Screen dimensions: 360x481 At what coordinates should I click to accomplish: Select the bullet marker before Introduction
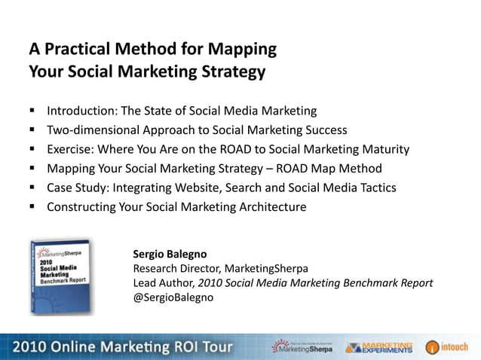point(34,110)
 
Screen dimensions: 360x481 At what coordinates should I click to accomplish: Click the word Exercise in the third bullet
point(72,149)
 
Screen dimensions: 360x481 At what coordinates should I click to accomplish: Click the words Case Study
point(79,188)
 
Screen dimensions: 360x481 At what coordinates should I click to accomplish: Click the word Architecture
point(270,207)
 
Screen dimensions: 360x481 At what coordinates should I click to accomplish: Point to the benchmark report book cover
point(63,276)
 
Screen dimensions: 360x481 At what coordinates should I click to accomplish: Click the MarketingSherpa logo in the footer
point(301,346)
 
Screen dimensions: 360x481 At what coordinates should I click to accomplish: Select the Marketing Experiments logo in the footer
point(379,347)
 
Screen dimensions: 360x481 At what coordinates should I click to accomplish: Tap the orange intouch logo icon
point(432,347)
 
